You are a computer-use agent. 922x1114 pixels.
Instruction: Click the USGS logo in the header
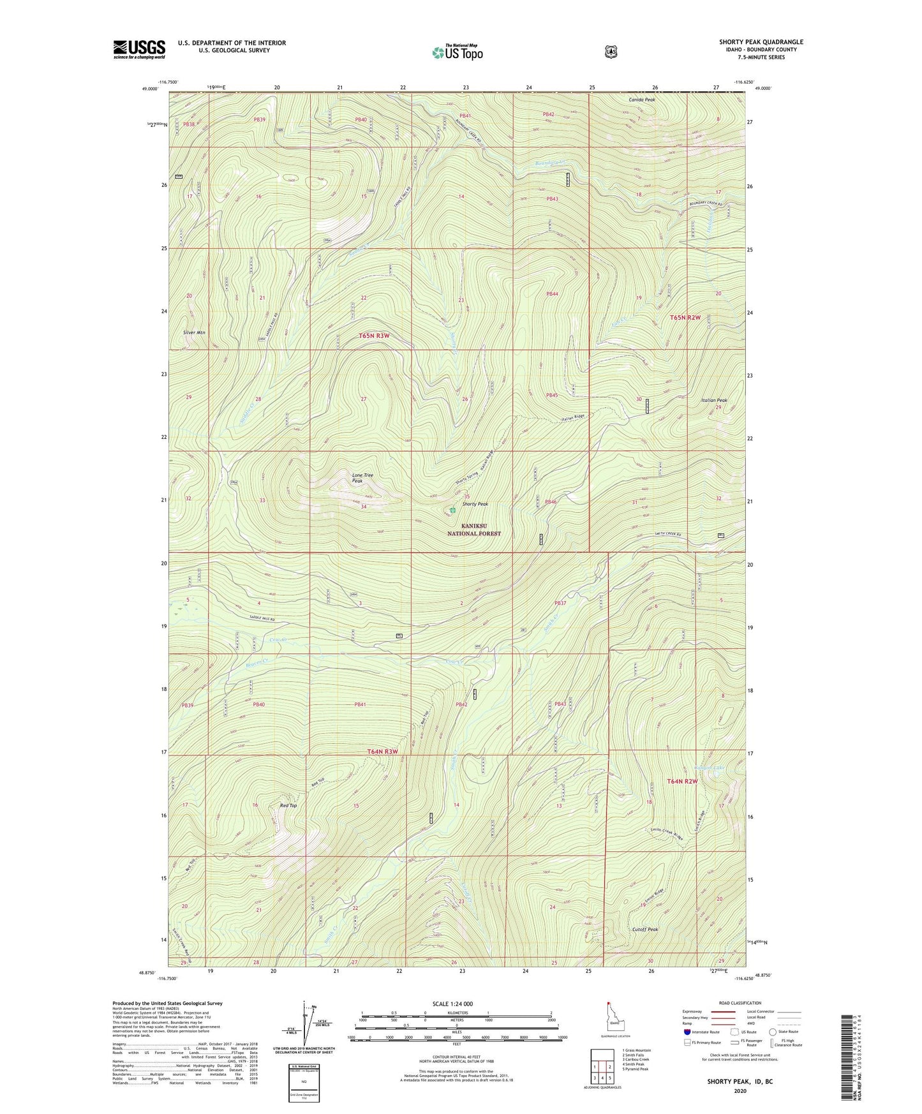click(139, 48)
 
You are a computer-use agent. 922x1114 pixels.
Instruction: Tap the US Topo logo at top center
click(457, 52)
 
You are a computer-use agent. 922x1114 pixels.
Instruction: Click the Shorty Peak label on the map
click(475, 504)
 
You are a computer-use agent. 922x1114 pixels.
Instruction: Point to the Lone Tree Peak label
click(362, 478)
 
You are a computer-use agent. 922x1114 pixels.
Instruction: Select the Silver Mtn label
click(194, 333)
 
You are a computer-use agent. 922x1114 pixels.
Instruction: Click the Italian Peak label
click(714, 400)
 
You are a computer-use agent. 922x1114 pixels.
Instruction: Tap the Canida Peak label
click(643, 100)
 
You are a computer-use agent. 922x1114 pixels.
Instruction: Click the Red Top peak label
click(288, 806)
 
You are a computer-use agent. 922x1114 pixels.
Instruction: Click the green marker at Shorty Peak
click(452, 510)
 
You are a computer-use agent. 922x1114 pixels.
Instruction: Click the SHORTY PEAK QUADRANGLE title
click(761, 42)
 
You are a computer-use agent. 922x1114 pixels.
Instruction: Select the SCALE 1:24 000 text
click(452, 1004)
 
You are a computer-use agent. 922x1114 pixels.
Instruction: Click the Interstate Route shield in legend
click(687, 1031)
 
